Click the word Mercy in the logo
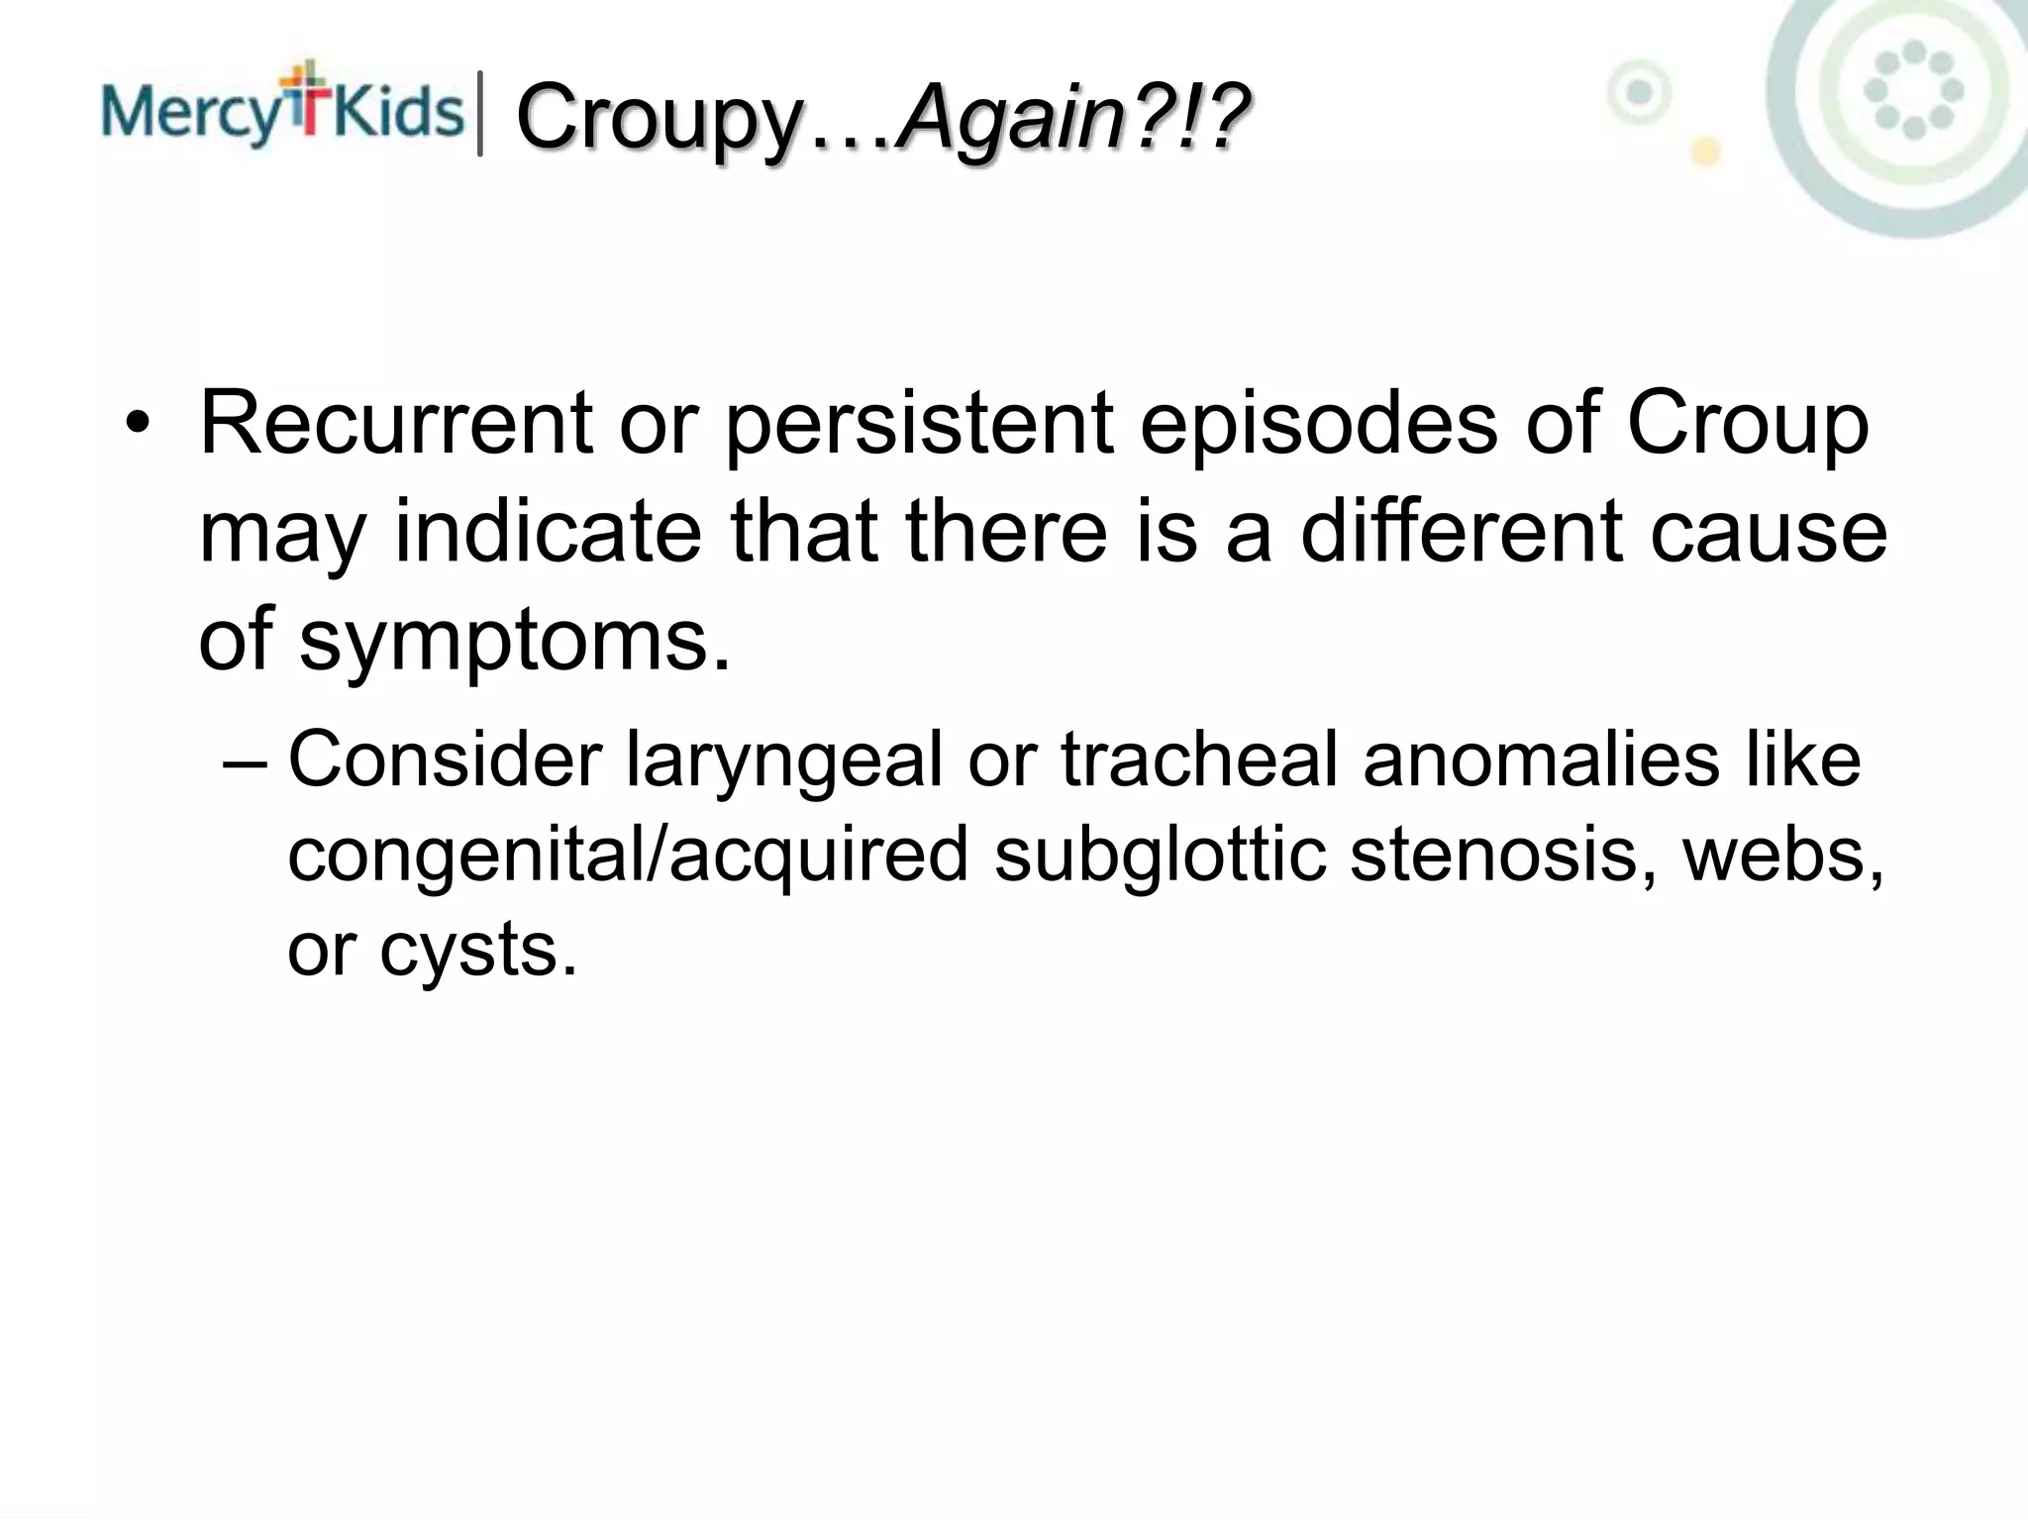(x=191, y=111)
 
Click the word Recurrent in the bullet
(x=396, y=423)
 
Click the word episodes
(x=1318, y=425)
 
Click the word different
(x=1461, y=532)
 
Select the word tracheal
(x=1198, y=760)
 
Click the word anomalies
(x=1541, y=760)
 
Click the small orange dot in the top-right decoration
(x=1704, y=152)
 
